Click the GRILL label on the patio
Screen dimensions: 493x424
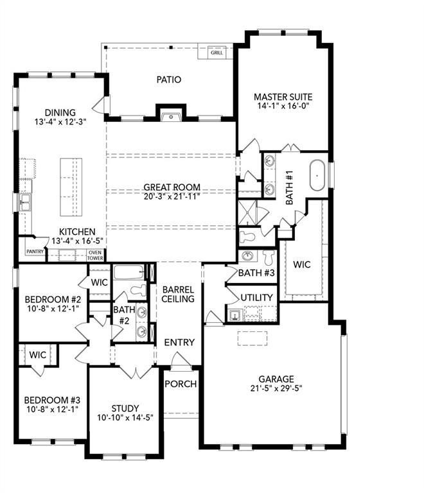217,53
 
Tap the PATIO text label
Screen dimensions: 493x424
169,80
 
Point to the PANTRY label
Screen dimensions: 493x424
35,251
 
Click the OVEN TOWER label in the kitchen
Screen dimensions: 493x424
95,254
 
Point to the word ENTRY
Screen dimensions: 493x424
179,342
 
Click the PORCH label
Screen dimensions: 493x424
181,384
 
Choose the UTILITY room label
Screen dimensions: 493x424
257,298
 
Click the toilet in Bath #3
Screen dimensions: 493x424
269,257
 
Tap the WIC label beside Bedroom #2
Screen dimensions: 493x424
99,282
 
